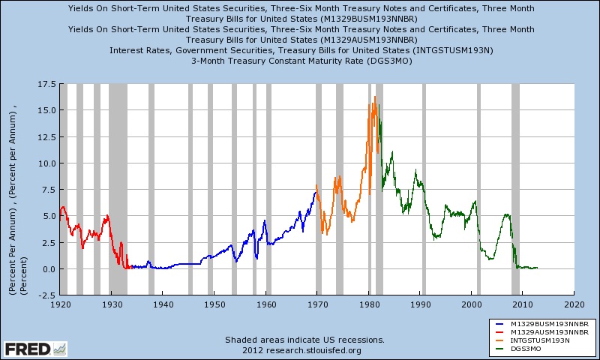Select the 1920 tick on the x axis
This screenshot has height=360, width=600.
coord(59,305)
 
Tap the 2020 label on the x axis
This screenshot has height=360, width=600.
coord(574,305)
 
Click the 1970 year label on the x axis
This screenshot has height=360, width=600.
coord(317,305)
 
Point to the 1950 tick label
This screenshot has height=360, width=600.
coord(214,305)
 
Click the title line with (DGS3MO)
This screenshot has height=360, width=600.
coord(301,61)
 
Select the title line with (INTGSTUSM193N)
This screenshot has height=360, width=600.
coord(301,50)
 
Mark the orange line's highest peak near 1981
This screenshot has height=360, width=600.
coord(374,97)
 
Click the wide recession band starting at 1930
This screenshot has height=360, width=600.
coord(118,187)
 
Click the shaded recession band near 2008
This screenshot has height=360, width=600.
coord(516,187)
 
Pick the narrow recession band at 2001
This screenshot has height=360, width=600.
coord(478,187)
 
